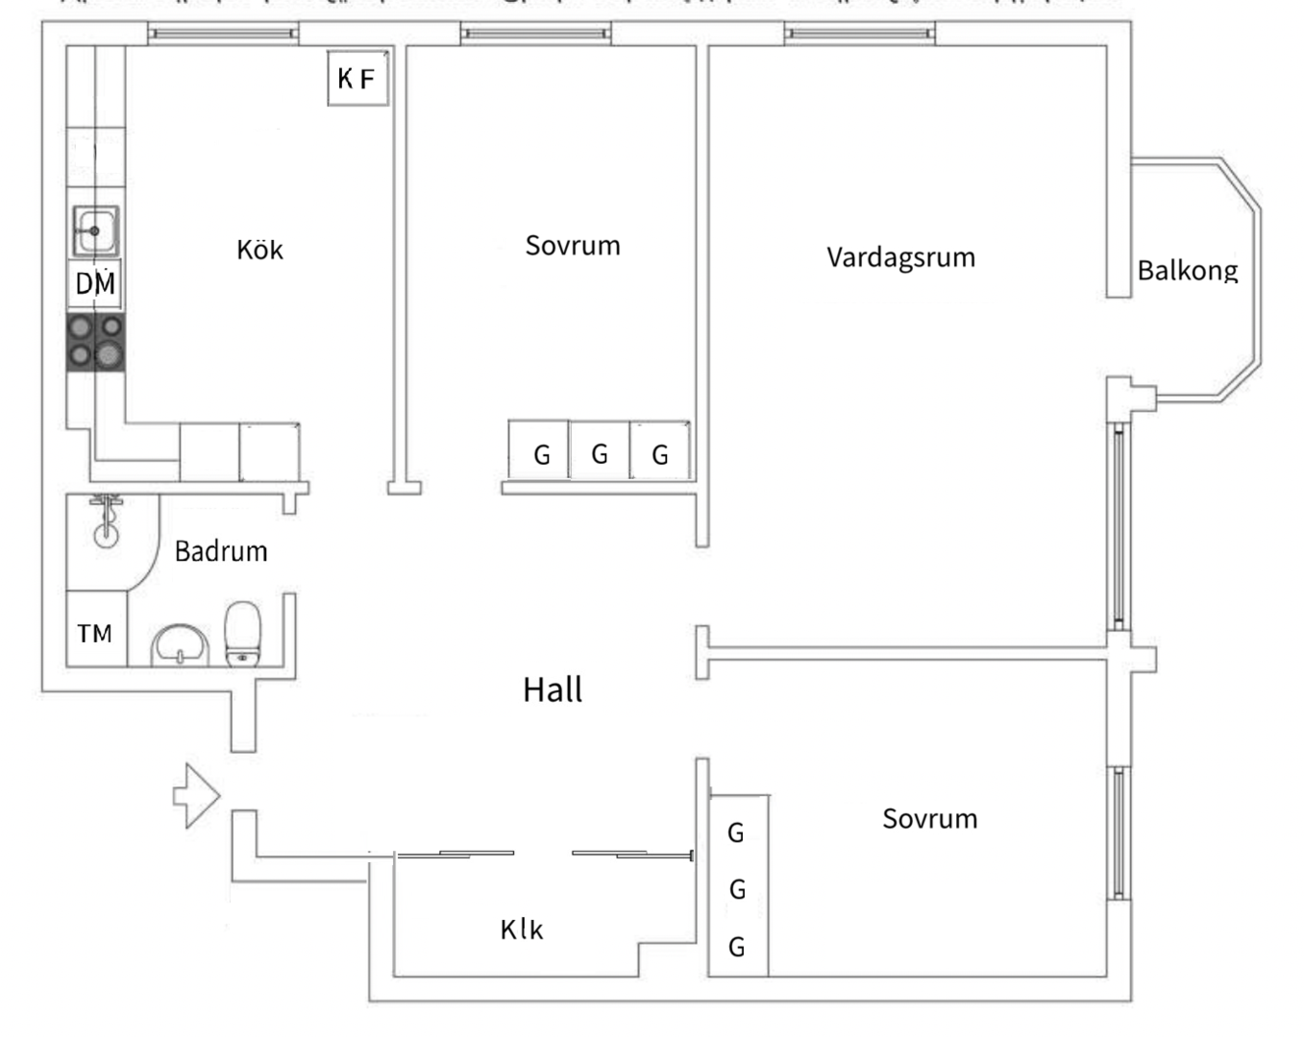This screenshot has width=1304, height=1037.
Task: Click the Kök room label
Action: pyautogui.click(x=259, y=251)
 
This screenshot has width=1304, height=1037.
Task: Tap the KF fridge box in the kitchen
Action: pyautogui.click(x=357, y=79)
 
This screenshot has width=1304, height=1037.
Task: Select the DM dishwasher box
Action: pyautogui.click(x=95, y=283)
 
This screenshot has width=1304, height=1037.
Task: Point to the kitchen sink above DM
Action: pyautogui.click(x=95, y=231)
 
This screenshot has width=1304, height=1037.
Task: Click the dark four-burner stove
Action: pyautogui.click(x=95, y=342)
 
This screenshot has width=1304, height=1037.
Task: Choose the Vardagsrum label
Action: pyautogui.click(x=900, y=257)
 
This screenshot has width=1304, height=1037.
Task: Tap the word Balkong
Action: pyautogui.click(x=1188, y=271)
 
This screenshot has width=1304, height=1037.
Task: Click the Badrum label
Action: pyautogui.click(x=221, y=551)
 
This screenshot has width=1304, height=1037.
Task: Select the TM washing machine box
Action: pyautogui.click(x=95, y=633)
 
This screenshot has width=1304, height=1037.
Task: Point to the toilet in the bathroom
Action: pyautogui.click(x=242, y=633)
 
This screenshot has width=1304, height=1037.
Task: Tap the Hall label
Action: pyautogui.click(x=553, y=689)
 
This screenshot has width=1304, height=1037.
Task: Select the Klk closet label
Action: pyautogui.click(x=522, y=929)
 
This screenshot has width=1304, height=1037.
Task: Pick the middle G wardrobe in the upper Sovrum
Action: pyautogui.click(x=600, y=453)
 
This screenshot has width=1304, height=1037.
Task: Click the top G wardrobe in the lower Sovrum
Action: pyautogui.click(x=736, y=832)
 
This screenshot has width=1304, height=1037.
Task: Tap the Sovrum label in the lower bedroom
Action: pyautogui.click(x=929, y=819)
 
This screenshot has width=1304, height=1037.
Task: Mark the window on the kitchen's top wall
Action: pyautogui.click(x=223, y=34)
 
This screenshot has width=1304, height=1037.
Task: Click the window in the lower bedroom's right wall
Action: pyautogui.click(x=1118, y=832)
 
